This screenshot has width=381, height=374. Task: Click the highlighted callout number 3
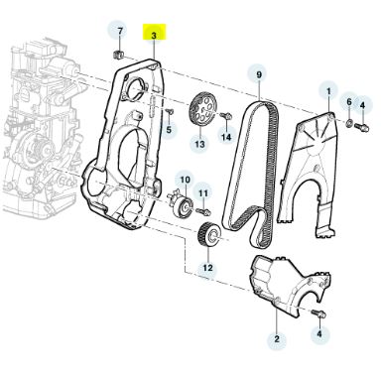(x=154, y=36)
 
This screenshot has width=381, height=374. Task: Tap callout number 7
(x=120, y=31)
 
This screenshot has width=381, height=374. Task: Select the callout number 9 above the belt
(x=259, y=74)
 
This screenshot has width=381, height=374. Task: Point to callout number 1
(x=328, y=91)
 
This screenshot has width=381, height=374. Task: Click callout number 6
(x=349, y=102)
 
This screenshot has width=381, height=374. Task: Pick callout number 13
(x=199, y=144)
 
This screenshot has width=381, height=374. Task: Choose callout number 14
(x=226, y=136)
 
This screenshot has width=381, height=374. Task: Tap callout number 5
(x=169, y=129)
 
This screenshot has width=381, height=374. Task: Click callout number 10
(x=186, y=180)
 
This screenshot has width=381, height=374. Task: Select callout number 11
(x=203, y=193)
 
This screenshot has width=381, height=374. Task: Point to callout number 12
(x=207, y=268)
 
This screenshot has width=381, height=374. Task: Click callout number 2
(x=277, y=338)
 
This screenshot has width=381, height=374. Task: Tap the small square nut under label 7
(x=119, y=54)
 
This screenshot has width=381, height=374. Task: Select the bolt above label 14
(x=226, y=116)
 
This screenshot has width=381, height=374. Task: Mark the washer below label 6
(x=350, y=124)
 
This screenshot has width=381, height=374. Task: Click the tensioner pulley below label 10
(x=182, y=206)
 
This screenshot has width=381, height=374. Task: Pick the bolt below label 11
(x=203, y=210)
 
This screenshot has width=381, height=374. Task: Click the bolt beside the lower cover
(x=318, y=314)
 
